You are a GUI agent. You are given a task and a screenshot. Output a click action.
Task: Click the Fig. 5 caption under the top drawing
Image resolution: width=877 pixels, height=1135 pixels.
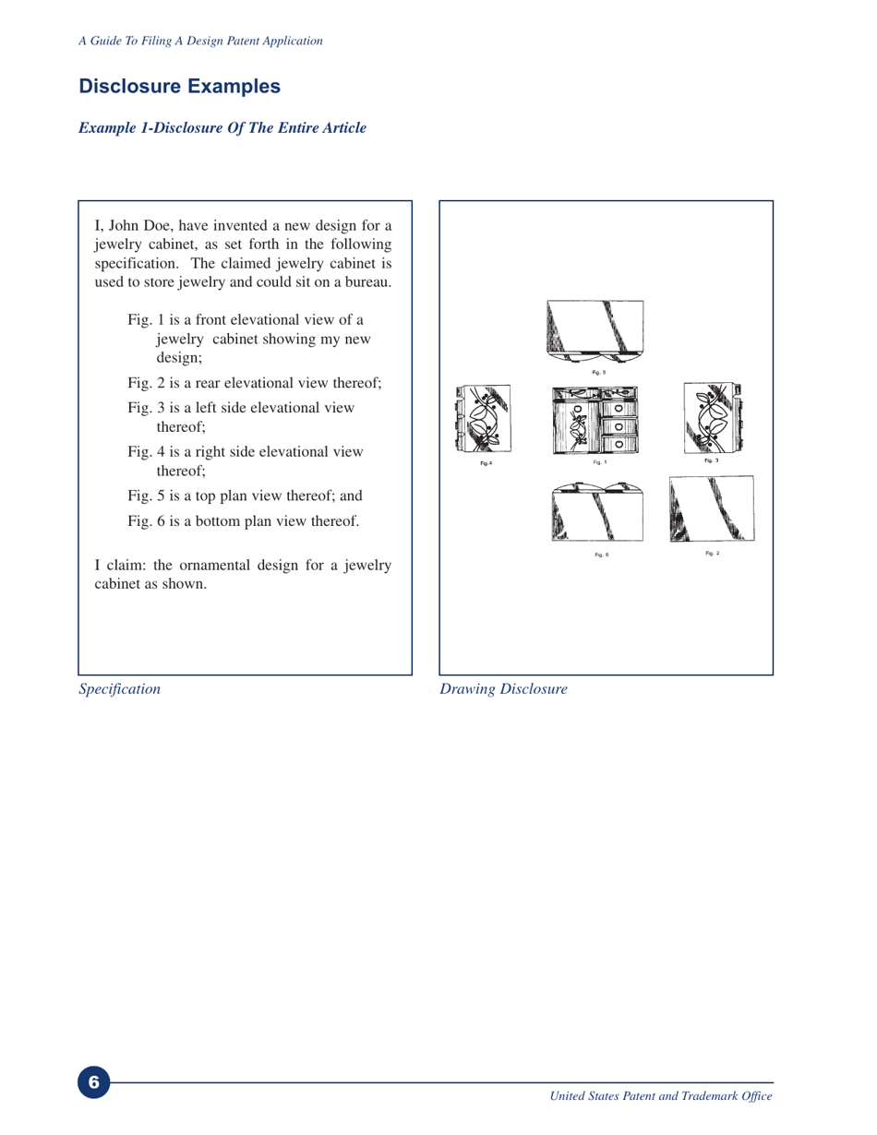(x=598, y=372)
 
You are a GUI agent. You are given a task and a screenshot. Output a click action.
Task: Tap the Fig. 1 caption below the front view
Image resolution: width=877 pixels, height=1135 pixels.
(x=598, y=461)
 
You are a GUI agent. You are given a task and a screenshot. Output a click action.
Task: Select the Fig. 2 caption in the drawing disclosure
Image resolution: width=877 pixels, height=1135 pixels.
(x=712, y=552)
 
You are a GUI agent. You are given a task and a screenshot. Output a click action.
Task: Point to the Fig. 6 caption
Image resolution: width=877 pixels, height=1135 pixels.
(x=601, y=554)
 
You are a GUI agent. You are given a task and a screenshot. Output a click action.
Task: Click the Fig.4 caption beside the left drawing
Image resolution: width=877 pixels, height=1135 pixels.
(x=487, y=462)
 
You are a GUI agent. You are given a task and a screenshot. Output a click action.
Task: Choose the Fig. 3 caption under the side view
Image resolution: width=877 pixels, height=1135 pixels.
(x=711, y=460)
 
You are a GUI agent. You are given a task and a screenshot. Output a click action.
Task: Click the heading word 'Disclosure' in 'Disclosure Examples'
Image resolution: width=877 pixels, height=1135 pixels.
(x=130, y=88)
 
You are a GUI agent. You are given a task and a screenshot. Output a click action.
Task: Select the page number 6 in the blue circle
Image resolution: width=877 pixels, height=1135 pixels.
(x=93, y=1081)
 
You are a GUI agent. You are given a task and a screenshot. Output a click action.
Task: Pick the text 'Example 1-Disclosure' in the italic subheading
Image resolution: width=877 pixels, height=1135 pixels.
(x=149, y=128)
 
